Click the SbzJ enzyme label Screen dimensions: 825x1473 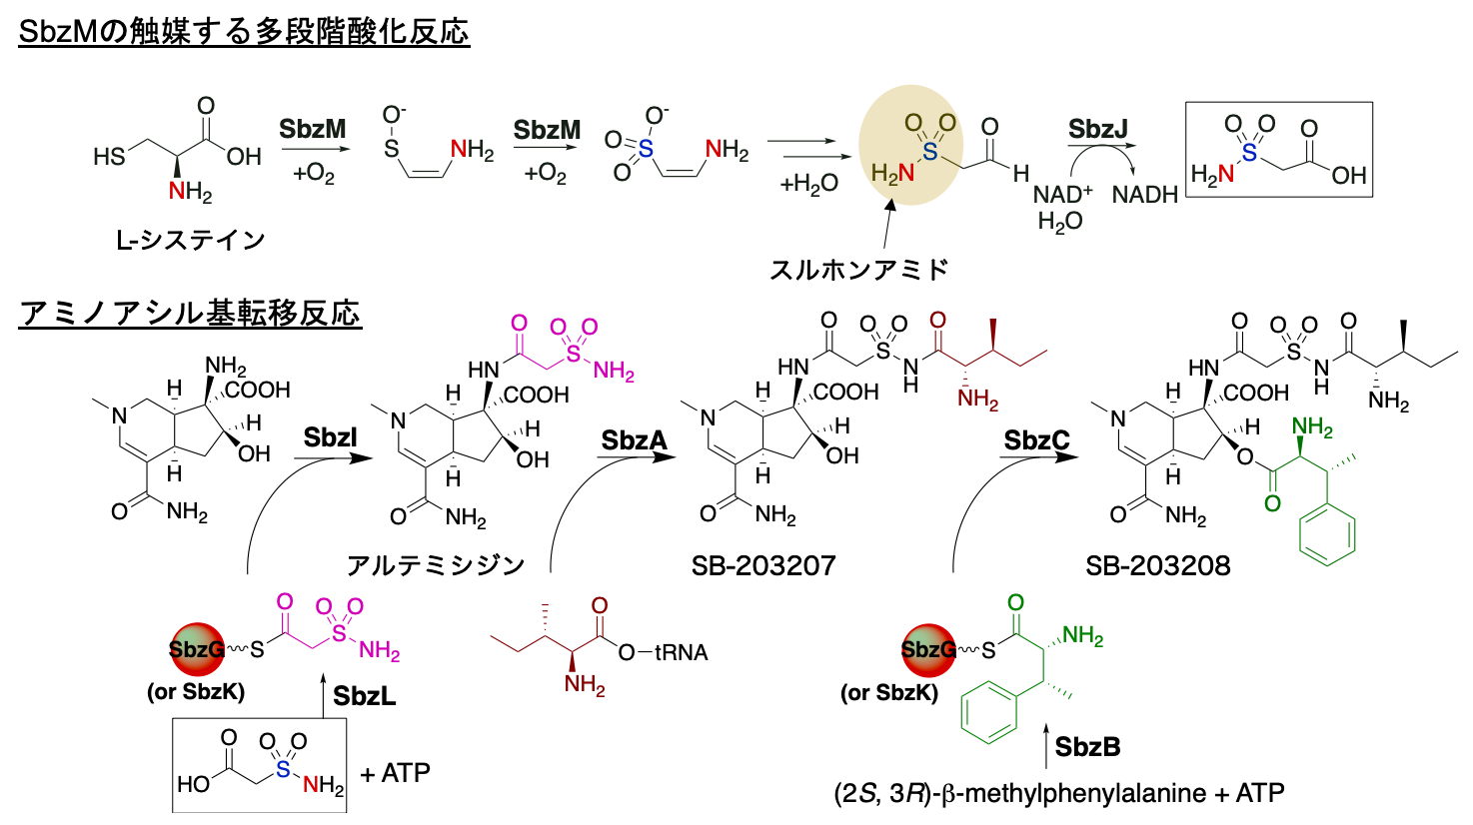[x=1097, y=130]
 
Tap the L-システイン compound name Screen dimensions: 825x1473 [x=190, y=241]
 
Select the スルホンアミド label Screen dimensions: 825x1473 [x=858, y=270]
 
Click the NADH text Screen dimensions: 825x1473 [x=1144, y=195]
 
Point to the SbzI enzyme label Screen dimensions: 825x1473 [x=331, y=437]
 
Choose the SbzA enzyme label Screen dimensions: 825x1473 [x=634, y=440]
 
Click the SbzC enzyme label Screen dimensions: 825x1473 [x=1036, y=440]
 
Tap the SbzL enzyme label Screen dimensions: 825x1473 [x=364, y=696]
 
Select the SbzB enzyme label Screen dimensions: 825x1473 [x=1087, y=746]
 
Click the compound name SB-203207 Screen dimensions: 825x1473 [x=762, y=566]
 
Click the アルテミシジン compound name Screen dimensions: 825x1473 [x=436, y=566]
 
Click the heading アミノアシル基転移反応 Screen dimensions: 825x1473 [x=190, y=314]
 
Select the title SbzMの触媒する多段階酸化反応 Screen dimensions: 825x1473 [x=244, y=32]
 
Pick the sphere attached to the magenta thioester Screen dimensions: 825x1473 [x=197, y=649]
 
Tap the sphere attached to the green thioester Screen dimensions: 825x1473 [x=928, y=649]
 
